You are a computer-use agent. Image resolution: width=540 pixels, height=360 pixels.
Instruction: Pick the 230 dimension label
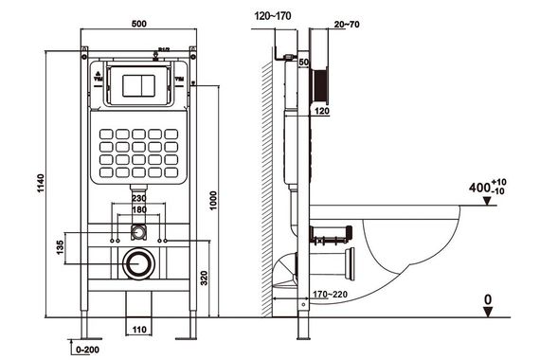[x=139, y=198]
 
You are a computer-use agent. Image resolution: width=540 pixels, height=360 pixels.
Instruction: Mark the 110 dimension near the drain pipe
[x=140, y=330]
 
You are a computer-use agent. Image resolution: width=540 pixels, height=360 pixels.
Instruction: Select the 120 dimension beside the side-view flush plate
[x=321, y=111]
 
